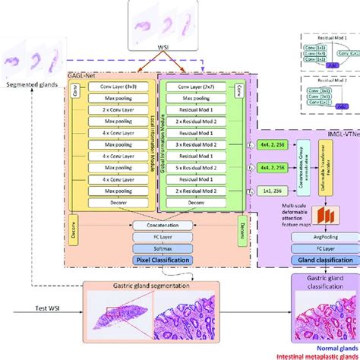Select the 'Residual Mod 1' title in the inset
point(327,36)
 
